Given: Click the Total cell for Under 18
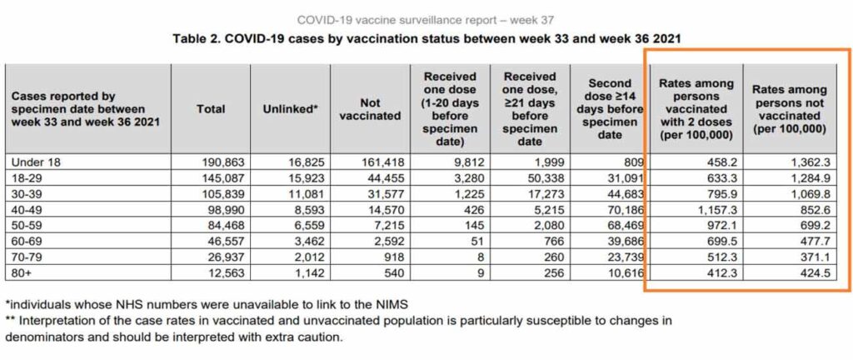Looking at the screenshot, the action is click(223, 162).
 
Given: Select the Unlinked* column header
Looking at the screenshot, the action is click(291, 108).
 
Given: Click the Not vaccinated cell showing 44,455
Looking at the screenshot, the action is click(384, 177).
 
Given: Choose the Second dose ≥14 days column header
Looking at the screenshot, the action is click(609, 109).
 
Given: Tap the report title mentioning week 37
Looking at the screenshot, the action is click(426, 21).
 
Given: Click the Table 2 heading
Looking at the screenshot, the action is click(426, 39).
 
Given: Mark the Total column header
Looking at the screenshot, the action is click(211, 109).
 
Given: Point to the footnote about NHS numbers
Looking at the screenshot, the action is click(207, 303).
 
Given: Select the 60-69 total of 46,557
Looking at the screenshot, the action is click(225, 244).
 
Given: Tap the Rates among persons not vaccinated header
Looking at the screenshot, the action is click(790, 109).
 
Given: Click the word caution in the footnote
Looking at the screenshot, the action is click(320, 337).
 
